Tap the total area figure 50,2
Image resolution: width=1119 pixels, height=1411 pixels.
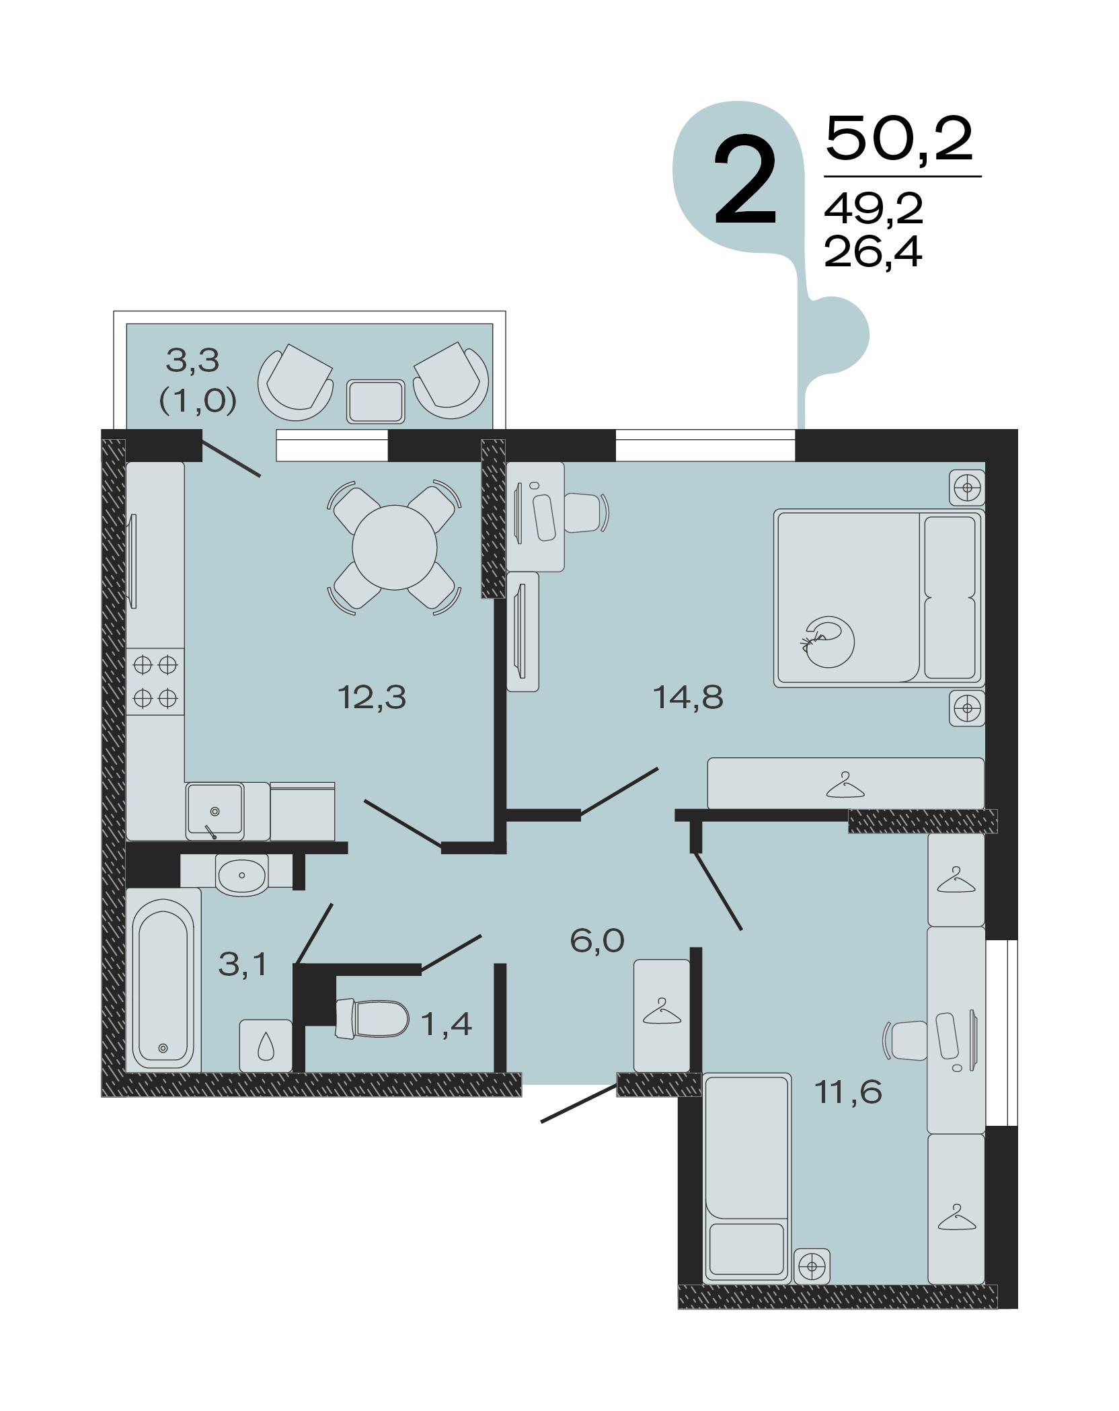[898, 139]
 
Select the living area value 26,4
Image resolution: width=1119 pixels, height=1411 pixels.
[872, 254]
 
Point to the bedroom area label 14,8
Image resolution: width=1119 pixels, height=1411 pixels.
[688, 697]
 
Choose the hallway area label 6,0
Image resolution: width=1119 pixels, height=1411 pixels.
[597, 940]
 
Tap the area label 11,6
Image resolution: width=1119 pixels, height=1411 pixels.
[847, 1092]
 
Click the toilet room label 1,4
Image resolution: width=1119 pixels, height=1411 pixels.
[446, 1024]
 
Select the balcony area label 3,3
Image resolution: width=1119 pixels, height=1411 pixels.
[193, 361]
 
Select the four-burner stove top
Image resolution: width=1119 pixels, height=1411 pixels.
[155, 681]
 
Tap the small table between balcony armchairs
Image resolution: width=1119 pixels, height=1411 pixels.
[376, 402]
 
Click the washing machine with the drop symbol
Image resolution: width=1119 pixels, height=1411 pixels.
[266, 1046]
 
